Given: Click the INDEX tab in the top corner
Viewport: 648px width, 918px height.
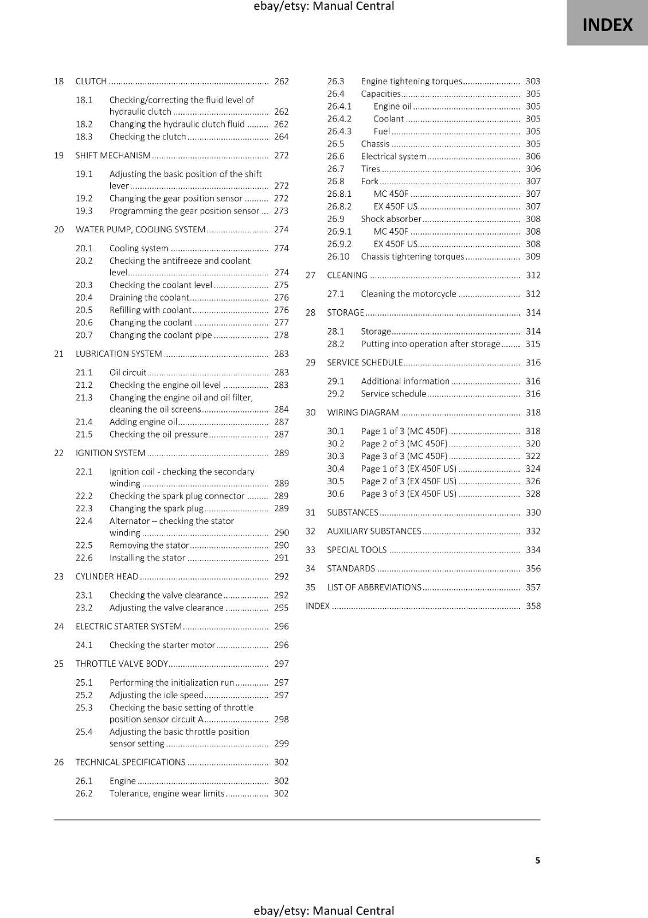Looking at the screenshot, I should (x=607, y=25).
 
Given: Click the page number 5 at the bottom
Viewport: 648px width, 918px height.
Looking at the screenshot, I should (x=537, y=860).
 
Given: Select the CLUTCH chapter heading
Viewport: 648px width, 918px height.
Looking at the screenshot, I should (x=91, y=81).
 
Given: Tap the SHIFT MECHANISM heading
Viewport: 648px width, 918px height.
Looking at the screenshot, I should (x=113, y=155).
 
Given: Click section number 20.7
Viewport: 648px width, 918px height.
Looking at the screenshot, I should (x=84, y=335).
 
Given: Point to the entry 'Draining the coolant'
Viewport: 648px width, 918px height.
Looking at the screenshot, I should (x=149, y=297).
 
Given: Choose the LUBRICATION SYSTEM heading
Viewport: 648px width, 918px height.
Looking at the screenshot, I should (x=119, y=354).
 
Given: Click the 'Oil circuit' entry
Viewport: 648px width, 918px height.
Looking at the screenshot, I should (x=128, y=372).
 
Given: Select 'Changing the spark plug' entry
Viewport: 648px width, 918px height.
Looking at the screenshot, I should (x=156, y=508).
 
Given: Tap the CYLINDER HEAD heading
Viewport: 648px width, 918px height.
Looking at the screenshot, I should (x=107, y=576).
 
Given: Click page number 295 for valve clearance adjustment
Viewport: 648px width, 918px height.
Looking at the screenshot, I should (x=281, y=608).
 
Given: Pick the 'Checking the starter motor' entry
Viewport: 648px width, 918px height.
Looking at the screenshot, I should (x=162, y=645).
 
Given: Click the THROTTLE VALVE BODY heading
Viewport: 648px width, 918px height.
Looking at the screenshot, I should (x=122, y=664).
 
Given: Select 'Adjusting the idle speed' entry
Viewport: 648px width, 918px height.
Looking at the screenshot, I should (x=156, y=695).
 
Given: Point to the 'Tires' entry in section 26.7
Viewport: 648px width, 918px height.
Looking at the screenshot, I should (x=370, y=169).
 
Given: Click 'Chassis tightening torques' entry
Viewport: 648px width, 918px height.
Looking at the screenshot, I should (x=412, y=256).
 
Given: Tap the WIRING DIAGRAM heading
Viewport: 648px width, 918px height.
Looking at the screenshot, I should (x=363, y=413).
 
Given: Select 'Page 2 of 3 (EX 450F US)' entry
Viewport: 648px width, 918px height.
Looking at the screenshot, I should (x=408, y=481).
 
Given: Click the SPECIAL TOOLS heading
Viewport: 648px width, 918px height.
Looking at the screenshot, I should (x=357, y=550).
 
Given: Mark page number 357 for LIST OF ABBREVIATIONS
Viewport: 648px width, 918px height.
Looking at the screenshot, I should (x=533, y=588).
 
